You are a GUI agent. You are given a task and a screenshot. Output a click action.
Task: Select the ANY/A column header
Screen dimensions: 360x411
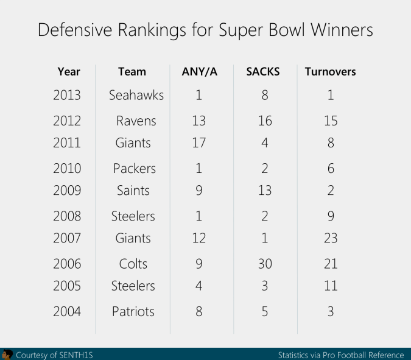coord(199,72)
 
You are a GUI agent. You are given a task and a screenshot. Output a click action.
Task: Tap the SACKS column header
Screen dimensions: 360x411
coord(263,72)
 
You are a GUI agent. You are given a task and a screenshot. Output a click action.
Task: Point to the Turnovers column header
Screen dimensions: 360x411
coord(330,72)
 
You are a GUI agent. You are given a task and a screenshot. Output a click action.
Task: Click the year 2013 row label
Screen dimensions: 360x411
coord(66,95)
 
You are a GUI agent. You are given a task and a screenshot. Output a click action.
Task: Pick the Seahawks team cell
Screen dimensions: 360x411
coord(136,95)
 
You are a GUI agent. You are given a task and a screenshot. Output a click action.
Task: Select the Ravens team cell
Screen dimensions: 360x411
coord(136,121)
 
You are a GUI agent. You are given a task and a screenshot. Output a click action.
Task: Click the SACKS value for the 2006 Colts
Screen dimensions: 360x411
coord(264,264)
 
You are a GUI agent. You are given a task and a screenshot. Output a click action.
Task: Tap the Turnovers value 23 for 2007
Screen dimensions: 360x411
coord(330,238)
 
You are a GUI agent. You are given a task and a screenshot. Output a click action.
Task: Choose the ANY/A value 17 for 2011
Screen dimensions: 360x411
coord(198,143)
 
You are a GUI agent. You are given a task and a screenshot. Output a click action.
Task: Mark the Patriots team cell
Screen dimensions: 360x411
coord(133,312)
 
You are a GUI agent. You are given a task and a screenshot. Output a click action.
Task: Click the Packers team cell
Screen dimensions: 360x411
coord(135,169)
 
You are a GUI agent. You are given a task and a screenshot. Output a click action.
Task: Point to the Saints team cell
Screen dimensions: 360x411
coord(133,191)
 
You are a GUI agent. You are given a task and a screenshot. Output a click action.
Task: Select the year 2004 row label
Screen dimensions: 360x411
coord(66,312)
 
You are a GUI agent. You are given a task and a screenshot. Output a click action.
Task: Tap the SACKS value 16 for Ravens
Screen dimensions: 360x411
coord(264,121)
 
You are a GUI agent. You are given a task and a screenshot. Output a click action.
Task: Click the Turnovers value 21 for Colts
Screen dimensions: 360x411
coord(330,264)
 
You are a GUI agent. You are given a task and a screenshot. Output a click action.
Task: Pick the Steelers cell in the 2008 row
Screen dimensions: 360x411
coord(133,216)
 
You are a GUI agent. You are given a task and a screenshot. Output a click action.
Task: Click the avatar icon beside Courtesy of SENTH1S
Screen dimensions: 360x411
coord(7,355)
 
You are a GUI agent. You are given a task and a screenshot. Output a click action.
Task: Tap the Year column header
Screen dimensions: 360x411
coord(69,72)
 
